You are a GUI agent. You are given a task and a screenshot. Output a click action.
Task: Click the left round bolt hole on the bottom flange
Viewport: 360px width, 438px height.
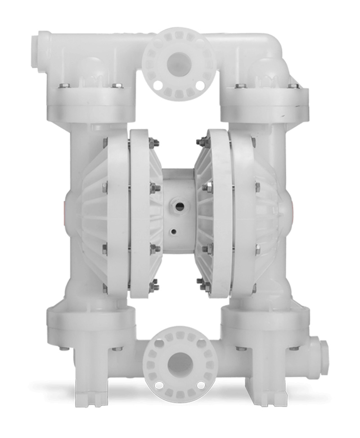pos(159,385)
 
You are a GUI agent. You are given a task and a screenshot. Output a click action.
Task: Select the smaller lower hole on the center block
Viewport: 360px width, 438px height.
pos(174,232)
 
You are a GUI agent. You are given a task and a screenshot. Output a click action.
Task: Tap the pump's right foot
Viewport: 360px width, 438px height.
pos(265,396)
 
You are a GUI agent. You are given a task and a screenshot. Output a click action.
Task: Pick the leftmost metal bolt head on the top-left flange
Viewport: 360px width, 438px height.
pos(64,86)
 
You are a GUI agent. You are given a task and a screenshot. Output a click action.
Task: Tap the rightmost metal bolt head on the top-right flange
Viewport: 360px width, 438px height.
pos(293,86)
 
